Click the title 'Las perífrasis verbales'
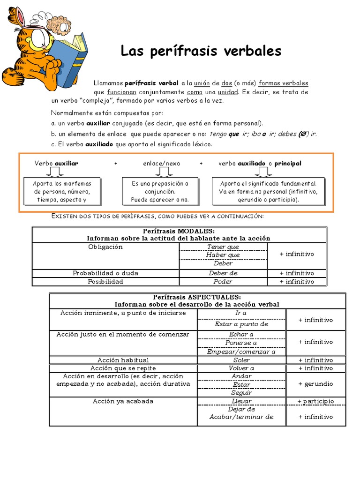click(x=201, y=51)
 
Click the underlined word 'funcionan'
click(x=121, y=92)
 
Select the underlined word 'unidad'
click(x=228, y=92)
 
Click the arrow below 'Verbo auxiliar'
click(x=55, y=172)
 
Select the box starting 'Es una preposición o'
click(x=160, y=192)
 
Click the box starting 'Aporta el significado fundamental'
click(x=268, y=192)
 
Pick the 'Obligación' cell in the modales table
click(x=105, y=247)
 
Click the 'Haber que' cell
click(x=223, y=255)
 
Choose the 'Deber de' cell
click(x=223, y=273)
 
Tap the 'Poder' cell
click(x=223, y=282)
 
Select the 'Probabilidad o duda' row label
click(x=105, y=273)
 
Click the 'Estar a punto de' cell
click(x=241, y=324)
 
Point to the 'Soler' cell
click(x=241, y=360)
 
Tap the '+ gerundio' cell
click(x=315, y=384)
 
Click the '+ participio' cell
click(x=315, y=401)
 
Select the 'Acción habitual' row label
click(x=123, y=360)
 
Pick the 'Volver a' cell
click(x=241, y=368)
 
